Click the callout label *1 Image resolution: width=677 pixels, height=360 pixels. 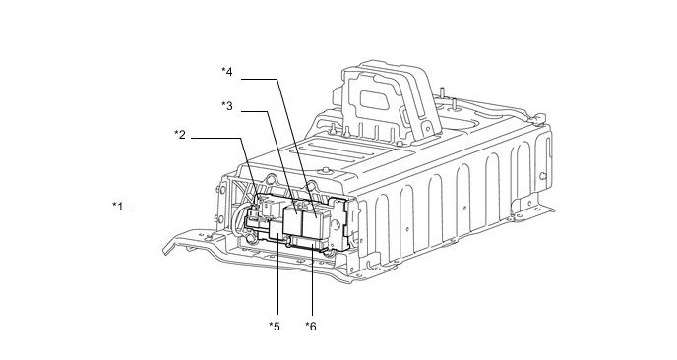[x=118, y=207]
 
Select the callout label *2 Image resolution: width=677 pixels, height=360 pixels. [x=180, y=135]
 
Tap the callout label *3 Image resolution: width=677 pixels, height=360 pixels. [x=227, y=106]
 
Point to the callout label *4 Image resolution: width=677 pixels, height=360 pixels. [x=227, y=72]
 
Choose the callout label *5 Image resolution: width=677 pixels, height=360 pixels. [x=275, y=327]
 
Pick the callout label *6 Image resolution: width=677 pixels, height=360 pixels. [x=311, y=327]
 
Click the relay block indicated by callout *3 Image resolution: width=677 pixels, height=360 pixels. [x=293, y=220]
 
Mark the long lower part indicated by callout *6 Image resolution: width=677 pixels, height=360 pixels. [x=308, y=244]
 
